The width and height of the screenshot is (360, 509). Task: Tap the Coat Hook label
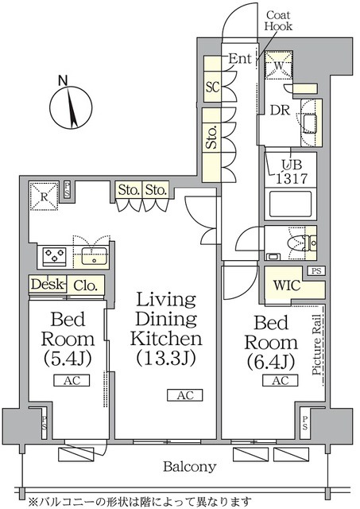279,21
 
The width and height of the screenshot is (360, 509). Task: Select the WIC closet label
285,285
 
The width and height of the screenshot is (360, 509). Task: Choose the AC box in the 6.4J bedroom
280,381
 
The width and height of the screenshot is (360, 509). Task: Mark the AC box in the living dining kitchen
184,395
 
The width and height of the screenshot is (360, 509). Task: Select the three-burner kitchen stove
53,256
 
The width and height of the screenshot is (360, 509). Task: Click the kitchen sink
95,256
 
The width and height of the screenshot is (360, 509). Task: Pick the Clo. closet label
85,286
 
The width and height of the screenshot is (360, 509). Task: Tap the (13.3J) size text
166,358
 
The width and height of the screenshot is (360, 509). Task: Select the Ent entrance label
241,57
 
